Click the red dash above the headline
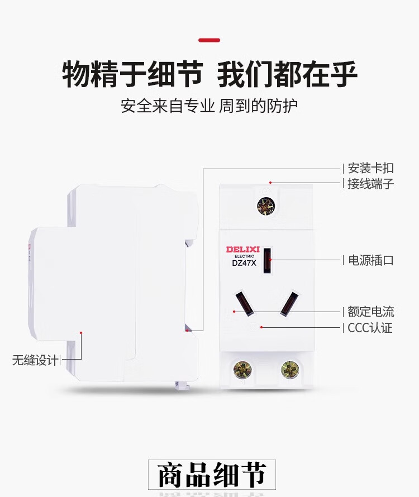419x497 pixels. (209, 40)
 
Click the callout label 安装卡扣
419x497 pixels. (370, 168)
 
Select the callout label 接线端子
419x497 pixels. (370, 184)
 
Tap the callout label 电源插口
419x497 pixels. (371, 260)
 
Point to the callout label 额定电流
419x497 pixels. (371, 312)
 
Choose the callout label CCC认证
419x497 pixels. (370, 328)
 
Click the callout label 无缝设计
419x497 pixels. (35, 360)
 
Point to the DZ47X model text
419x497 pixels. (244, 264)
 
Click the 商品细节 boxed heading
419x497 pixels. (212, 475)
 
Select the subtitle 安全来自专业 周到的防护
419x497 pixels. (209, 106)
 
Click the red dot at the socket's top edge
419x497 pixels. (270, 183)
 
